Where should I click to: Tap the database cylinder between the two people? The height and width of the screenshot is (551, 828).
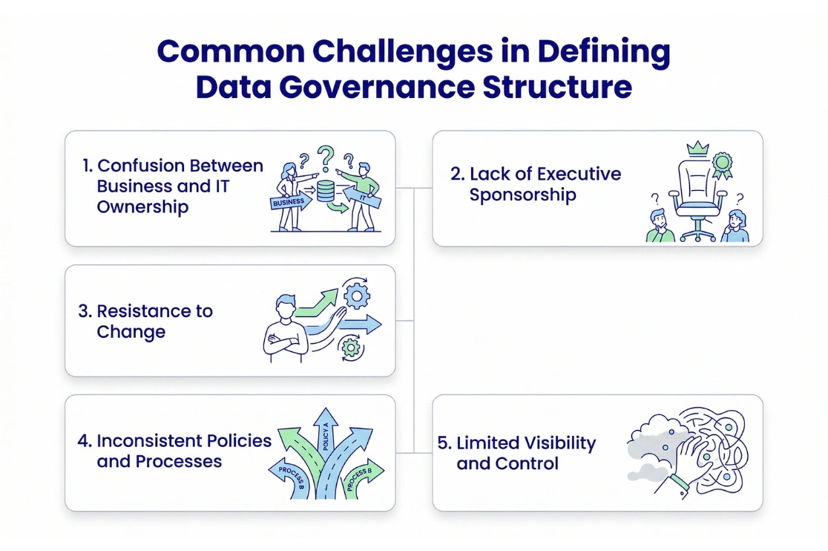pyautogui.click(x=325, y=190)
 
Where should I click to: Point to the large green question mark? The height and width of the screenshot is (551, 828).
pyautogui.click(x=325, y=158)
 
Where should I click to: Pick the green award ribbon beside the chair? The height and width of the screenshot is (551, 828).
pyautogui.click(x=723, y=165)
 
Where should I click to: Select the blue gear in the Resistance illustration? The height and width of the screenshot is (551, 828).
pyautogui.click(x=357, y=296)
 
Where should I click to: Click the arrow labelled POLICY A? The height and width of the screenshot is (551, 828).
pyautogui.click(x=326, y=438)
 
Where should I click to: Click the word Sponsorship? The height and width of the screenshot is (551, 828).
pyautogui.click(x=522, y=195)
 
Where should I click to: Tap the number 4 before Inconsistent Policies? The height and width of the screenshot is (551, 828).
pyautogui.click(x=83, y=440)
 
